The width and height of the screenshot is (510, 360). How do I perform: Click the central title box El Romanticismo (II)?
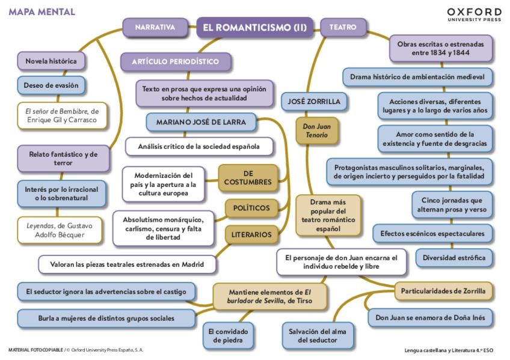(255, 27)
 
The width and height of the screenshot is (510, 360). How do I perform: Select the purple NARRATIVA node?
(155, 27)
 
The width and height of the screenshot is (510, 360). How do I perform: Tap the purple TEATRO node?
(343, 27)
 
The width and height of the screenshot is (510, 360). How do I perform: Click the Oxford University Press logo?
(474, 14)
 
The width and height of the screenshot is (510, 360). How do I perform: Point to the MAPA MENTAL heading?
(41, 12)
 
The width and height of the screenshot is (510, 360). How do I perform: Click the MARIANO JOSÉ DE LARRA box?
(200, 122)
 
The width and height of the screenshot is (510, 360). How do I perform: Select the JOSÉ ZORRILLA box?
(315, 102)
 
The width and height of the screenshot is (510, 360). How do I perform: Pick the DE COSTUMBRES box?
(248, 177)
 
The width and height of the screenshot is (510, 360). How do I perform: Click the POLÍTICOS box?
(251, 209)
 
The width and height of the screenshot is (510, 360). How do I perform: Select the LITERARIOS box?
(251, 234)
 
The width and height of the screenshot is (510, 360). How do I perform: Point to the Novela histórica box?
(51, 61)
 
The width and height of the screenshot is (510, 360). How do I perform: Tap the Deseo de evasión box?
(51, 85)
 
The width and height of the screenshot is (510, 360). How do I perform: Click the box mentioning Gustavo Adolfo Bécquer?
(55, 230)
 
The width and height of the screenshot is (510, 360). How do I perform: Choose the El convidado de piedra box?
(229, 335)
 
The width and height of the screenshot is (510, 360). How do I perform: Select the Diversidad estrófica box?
(454, 258)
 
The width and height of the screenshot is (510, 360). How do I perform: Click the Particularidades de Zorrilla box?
(443, 291)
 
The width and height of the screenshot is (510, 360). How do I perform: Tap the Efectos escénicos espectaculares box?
(432, 233)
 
